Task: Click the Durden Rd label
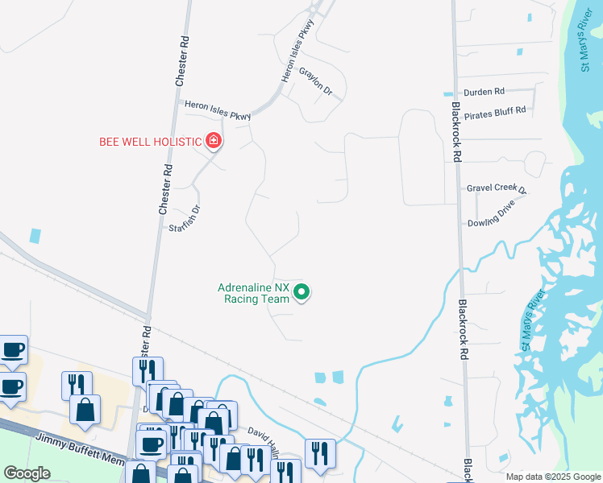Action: [484, 92]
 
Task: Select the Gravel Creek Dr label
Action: [496, 188]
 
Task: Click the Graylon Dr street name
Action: [316, 81]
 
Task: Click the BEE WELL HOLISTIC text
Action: [149, 142]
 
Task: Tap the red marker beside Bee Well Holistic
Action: [214, 141]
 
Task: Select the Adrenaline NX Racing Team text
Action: [253, 292]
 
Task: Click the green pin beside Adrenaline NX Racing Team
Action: [302, 292]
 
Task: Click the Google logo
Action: [27, 473]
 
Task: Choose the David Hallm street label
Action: [264, 437]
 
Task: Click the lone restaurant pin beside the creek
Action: [320, 452]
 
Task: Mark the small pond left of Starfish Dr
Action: [35, 236]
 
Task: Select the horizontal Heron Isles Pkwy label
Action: [218, 109]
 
